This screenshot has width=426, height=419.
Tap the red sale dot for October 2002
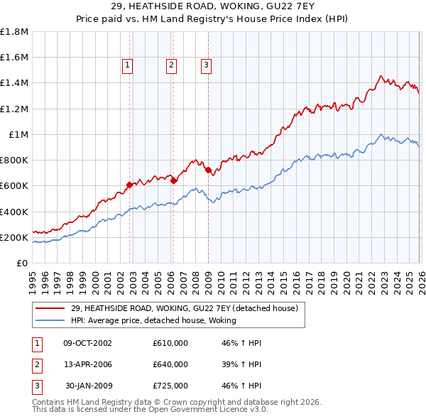click(x=129, y=185)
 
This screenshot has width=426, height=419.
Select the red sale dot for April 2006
click(x=173, y=180)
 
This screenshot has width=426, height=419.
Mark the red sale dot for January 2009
click(x=208, y=170)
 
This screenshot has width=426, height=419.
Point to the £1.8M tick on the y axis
click(x=14, y=32)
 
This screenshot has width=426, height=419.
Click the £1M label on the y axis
click(x=18, y=135)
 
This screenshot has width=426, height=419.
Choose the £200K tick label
click(x=14, y=237)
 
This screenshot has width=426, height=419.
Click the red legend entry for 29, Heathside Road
click(x=188, y=308)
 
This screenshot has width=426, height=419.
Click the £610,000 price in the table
click(x=170, y=343)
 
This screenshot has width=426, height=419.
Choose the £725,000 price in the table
click(x=170, y=386)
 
